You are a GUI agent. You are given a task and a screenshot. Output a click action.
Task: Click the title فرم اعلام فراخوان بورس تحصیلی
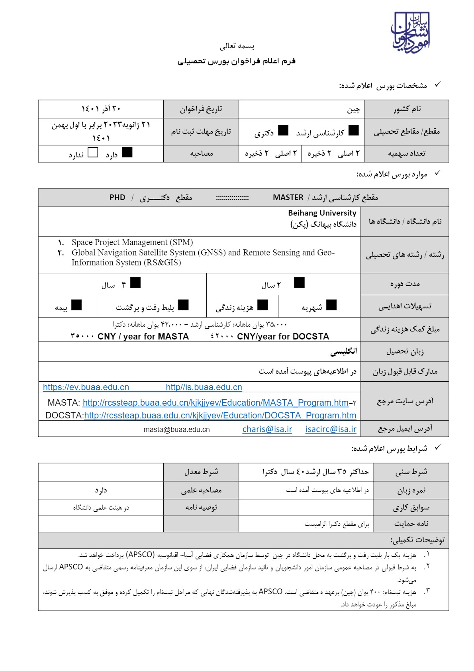pos(237,61)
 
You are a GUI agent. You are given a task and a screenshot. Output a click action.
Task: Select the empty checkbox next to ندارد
pos(92,153)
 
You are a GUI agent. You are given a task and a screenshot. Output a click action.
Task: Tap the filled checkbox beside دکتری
pos(283,130)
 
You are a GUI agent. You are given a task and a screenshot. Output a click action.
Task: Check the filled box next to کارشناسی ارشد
pos(353,130)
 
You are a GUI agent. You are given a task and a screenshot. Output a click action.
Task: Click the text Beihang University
pos(322,213)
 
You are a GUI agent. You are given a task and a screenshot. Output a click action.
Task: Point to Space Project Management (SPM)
pos(132,242)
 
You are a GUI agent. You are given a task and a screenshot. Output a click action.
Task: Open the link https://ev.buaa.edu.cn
pos(86,387)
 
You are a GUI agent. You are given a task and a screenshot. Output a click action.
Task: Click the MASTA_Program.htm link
pos(215,403)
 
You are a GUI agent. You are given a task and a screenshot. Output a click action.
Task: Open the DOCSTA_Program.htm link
pos(220,416)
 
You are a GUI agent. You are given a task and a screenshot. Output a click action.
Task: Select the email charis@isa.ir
pos(267,429)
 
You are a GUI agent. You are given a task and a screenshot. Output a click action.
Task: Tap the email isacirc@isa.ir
pos(331,429)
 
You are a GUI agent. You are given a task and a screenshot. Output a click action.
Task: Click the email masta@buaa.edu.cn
pos(176,430)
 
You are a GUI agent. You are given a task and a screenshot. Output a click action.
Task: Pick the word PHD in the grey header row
pos(118,198)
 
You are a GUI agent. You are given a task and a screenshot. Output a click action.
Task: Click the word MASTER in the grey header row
pos(288,198)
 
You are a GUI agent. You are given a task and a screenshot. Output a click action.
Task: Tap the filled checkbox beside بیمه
pos(76,305)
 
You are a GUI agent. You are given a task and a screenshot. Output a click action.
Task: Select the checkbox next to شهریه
pos(331,305)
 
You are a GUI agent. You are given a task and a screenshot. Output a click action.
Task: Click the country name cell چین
pos(353,110)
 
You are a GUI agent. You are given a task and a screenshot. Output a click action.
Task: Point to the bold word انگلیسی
pos(343,351)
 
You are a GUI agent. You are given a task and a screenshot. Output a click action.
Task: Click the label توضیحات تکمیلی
pos(417,540)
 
